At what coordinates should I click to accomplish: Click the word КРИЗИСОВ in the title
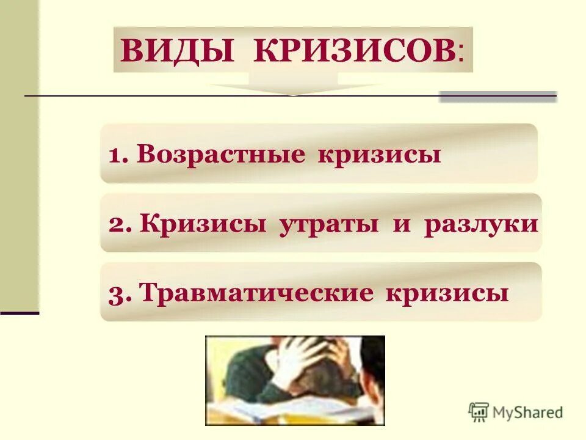(x=353, y=51)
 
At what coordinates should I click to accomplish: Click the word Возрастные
(x=220, y=155)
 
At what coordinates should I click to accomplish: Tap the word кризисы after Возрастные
(x=378, y=155)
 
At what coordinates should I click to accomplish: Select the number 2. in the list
(x=120, y=224)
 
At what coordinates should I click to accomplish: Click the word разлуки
(x=482, y=224)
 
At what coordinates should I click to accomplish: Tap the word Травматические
(x=256, y=293)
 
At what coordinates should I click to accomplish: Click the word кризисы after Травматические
(x=447, y=293)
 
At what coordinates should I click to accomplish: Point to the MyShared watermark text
(x=528, y=413)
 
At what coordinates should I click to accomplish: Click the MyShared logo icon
(x=479, y=413)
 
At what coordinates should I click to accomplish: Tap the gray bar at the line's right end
(x=498, y=97)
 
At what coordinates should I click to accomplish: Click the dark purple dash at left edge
(x=20, y=312)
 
